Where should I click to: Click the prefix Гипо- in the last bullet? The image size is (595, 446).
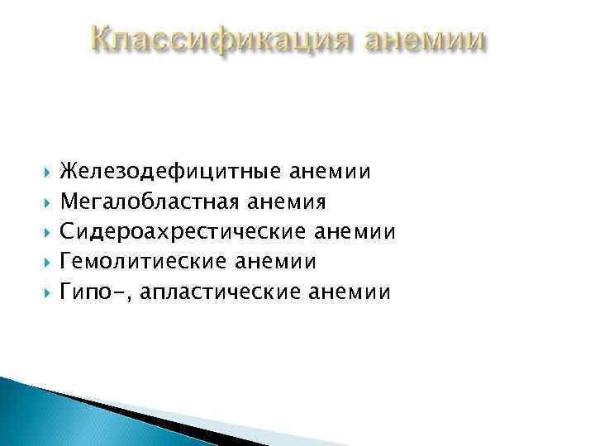click(x=87, y=292)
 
